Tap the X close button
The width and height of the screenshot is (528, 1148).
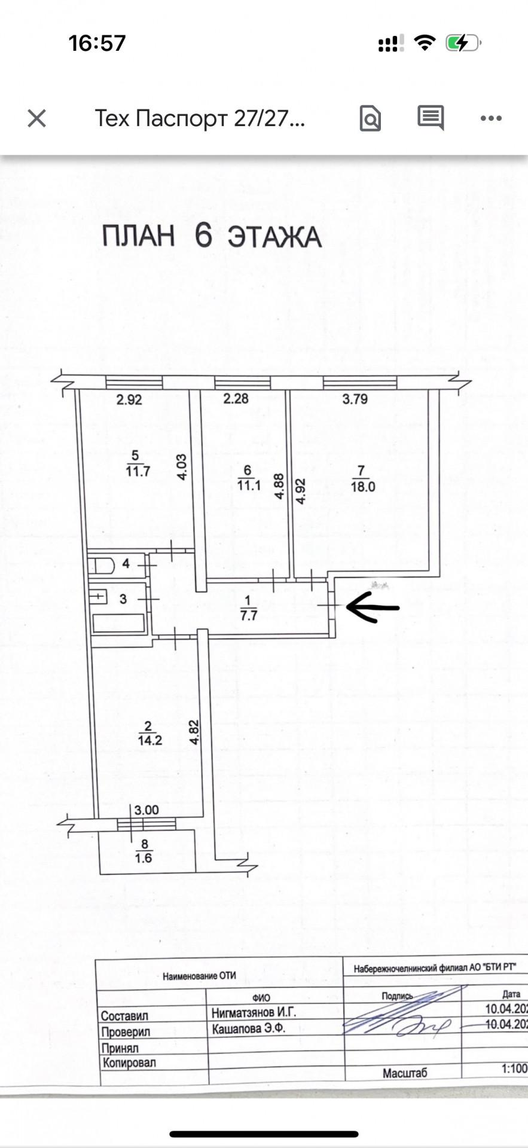(37, 118)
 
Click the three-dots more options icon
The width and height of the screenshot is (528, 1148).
(491, 118)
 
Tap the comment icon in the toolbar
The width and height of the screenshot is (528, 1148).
(431, 118)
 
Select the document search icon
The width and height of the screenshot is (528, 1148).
(370, 118)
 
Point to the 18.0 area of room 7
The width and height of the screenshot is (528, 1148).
(362, 487)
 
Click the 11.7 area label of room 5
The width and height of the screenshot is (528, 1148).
(138, 471)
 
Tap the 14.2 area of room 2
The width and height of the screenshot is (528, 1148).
(149, 740)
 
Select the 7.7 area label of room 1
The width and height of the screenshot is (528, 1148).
(248, 615)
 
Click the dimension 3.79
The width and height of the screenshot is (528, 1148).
(355, 399)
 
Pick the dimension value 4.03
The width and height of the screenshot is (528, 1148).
(182, 468)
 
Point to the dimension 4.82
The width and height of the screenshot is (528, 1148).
(194, 732)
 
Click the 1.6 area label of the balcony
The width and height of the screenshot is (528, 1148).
(144, 858)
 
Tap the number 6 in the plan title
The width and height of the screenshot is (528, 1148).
(203, 235)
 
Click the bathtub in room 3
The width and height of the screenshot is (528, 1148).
(119, 623)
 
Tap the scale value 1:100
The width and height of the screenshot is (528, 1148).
(514, 1068)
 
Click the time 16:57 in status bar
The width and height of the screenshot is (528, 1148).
(97, 43)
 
